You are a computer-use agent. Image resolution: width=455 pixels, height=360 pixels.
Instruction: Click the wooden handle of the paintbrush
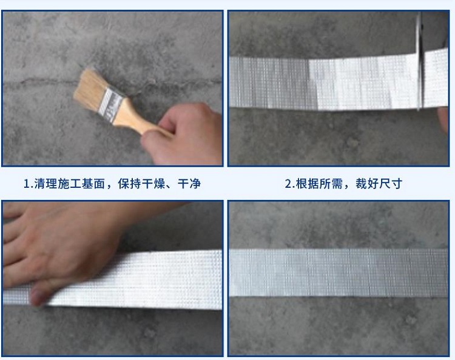(137, 120)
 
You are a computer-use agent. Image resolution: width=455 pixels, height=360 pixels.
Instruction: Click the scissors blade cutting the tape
(419, 61)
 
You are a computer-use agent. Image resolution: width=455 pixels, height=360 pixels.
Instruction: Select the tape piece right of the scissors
(435, 78)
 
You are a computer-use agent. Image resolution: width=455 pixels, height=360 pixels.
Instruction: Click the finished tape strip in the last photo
(339, 273)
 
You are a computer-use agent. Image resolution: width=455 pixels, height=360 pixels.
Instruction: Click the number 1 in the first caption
(27, 184)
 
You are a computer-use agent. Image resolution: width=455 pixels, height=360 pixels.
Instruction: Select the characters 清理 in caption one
(45, 184)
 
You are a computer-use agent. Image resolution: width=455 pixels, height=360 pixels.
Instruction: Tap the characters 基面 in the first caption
(93, 184)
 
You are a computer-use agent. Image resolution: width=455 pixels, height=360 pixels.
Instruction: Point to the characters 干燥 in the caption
(153, 184)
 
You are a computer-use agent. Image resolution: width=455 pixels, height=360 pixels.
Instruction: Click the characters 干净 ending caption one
(189, 184)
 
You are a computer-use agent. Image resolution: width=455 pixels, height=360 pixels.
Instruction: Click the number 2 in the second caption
(288, 184)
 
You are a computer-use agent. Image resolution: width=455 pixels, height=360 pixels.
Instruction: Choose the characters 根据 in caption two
(308, 184)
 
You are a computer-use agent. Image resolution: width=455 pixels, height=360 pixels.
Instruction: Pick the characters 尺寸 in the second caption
(391, 184)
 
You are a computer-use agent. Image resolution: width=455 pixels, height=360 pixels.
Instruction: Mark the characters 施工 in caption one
(69, 184)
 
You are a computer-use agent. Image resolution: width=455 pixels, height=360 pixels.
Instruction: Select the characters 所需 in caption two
(331, 184)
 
